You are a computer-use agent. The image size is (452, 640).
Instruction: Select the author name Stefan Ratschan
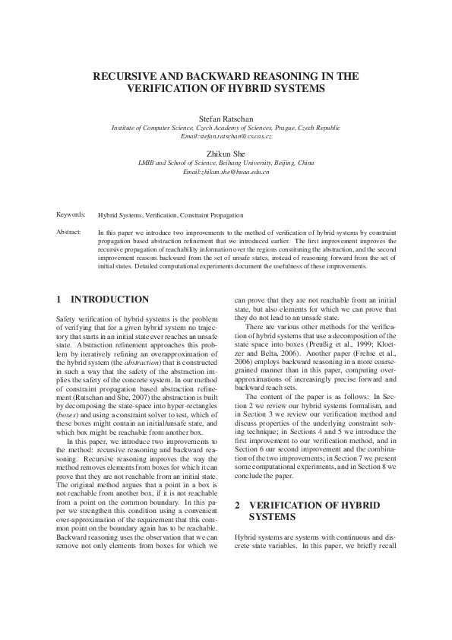tap(226, 120)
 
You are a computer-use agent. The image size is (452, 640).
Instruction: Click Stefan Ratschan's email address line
tap(226, 136)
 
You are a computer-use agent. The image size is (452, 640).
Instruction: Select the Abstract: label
tap(69, 231)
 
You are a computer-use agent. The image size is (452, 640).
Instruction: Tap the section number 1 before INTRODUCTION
tap(60, 300)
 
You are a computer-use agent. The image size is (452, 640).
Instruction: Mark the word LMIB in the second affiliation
tap(146, 163)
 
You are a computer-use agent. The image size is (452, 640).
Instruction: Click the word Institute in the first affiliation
tap(125, 128)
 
